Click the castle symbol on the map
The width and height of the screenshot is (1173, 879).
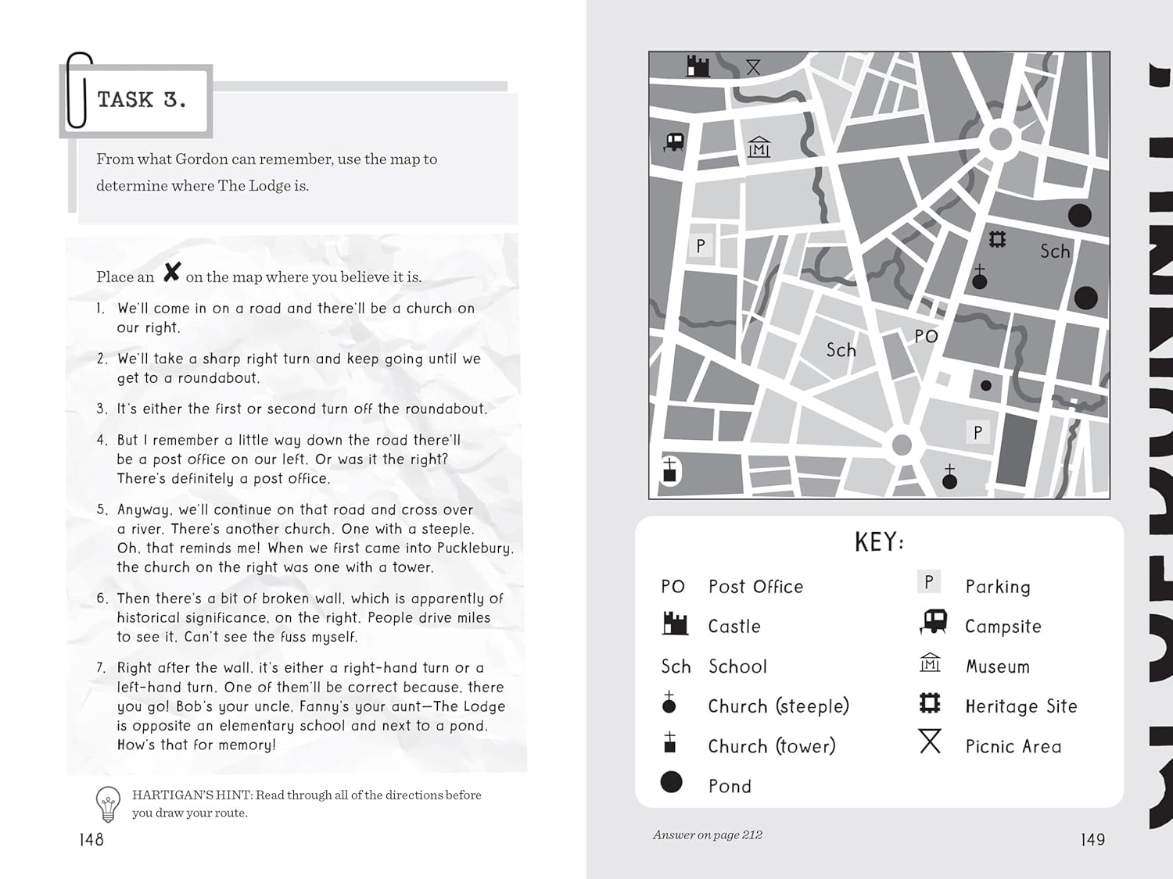coord(698,66)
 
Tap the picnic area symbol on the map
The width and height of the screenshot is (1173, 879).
coord(753,67)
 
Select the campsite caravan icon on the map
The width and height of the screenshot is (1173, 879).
coord(674,142)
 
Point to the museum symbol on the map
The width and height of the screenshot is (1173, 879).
coord(759,147)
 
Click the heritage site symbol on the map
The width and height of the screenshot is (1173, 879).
coord(997,239)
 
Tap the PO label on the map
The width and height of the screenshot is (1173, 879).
coord(926,337)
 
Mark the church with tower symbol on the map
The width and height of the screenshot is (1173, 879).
coord(669,471)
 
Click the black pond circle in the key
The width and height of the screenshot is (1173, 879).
coord(671,782)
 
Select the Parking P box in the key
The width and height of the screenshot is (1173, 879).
coord(929,582)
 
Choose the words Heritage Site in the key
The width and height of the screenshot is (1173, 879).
coord(1021,706)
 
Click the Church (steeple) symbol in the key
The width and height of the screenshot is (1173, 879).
coord(669,702)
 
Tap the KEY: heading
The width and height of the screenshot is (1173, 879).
coord(879,541)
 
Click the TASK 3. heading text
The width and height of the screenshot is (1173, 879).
coord(142,100)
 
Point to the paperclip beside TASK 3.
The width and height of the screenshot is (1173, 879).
coord(78,90)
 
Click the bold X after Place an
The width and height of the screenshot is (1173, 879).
coord(172,273)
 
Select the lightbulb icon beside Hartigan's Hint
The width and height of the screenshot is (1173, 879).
coord(108,804)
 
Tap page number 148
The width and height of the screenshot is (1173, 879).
coord(91,839)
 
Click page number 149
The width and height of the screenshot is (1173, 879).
coord(1092,839)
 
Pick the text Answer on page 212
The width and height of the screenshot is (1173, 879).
coord(708,834)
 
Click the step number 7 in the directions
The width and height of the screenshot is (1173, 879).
coord(101,668)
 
